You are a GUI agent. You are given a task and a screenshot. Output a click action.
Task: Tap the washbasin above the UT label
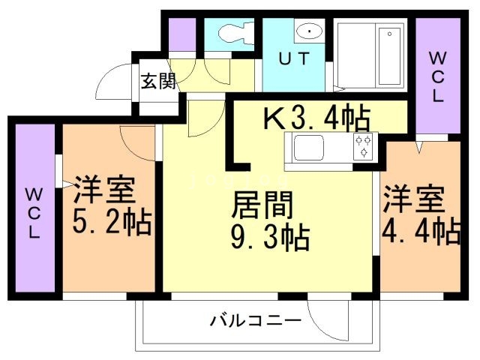pos(307,32)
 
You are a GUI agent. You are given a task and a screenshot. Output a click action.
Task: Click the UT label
pos(294,60)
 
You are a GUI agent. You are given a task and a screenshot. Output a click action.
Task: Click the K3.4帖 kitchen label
pos(315,118)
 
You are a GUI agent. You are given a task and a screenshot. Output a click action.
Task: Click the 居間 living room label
pos(262,204)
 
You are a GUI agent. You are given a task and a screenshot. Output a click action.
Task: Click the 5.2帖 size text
pos(112,223)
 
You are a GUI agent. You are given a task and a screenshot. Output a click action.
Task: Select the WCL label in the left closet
pos(34,214)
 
